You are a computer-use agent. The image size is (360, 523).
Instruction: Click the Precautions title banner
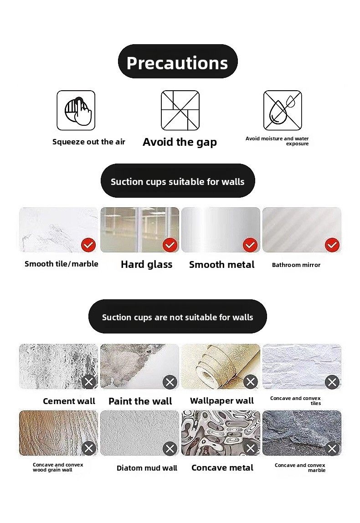click(178, 62)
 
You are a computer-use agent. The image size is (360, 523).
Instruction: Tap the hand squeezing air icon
click(76, 110)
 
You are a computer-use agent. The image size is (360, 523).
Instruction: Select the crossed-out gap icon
click(180, 110)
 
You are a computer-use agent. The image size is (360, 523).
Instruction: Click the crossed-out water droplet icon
click(283, 110)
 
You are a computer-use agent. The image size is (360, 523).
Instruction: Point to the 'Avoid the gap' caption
click(180, 142)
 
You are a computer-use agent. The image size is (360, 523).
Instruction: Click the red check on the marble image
click(88, 245)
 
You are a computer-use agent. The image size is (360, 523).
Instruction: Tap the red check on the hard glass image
click(170, 245)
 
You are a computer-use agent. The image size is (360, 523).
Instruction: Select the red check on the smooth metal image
click(250, 245)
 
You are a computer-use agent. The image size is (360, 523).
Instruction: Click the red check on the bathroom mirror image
click(332, 245)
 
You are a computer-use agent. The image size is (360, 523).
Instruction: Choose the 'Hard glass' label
click(146, 265)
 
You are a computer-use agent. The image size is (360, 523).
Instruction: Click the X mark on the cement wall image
click(89, 382)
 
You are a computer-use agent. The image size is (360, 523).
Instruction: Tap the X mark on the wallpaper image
click(251, 382)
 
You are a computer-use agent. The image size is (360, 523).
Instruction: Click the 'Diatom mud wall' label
click(147, 468)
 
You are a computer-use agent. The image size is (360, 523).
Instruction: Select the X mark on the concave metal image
click(251, 448)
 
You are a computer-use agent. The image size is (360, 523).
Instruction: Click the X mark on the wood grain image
click(89, 448)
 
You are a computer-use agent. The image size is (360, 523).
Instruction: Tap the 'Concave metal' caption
click(222, 467)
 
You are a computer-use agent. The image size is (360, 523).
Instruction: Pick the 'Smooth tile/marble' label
click(62, 264)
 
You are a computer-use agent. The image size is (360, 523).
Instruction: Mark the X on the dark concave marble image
click(332, 448)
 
